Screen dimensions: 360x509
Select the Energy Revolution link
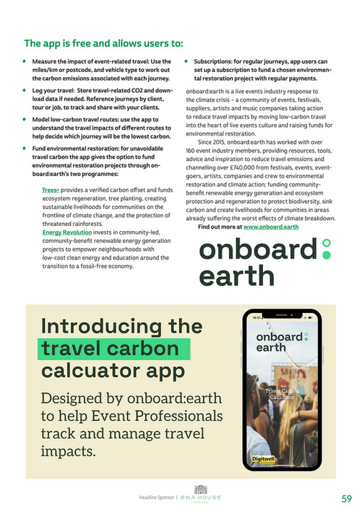(x=67, y=232)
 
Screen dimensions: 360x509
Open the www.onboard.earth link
(x=271, y=227)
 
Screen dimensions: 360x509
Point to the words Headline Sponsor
(x=153, y=497)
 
